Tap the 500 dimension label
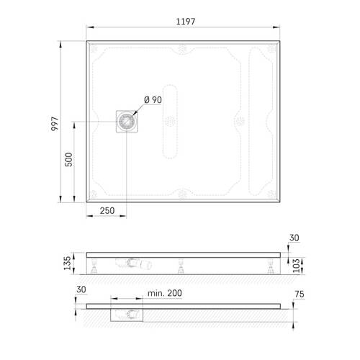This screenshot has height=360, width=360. (x=69, y=161)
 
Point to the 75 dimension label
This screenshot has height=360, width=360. (x=302, y=294)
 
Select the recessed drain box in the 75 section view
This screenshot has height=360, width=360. (x=128, y=313)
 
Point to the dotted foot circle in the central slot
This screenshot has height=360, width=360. (x=170, y=121)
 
